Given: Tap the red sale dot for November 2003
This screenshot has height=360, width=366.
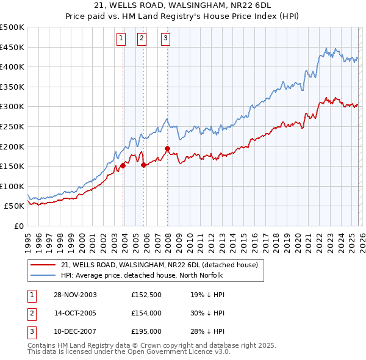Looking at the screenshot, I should [123, 165].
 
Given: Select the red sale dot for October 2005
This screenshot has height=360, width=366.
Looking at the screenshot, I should [143, 164].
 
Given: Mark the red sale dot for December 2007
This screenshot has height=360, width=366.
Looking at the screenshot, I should [167, 148].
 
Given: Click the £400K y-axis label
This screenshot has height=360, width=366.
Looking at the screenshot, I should [12, 67].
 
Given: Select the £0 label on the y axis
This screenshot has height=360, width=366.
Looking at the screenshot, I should [18, 226].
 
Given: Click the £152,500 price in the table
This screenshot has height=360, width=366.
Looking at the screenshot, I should [146, 295].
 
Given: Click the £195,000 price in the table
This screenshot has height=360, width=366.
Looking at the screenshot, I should [146, 331].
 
